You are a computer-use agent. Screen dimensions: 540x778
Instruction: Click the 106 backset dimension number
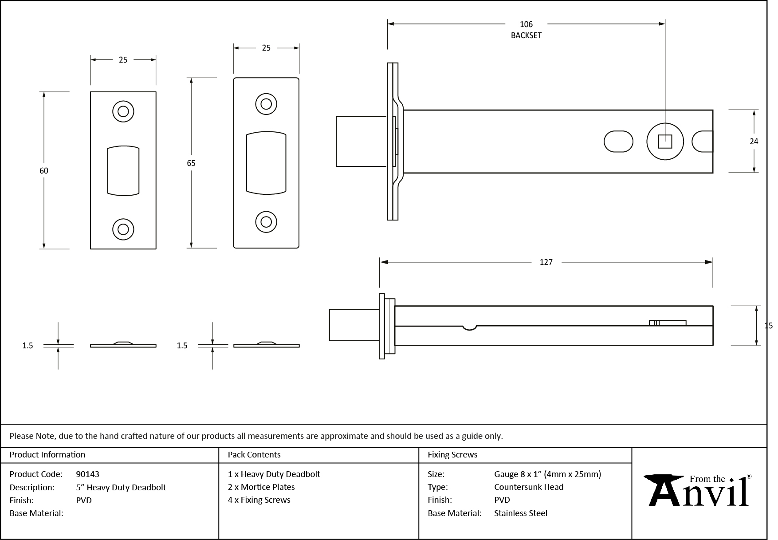click(526, 24)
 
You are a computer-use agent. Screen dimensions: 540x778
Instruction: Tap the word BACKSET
click(526, 35)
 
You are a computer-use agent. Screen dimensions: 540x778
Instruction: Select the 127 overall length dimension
click(546, 262)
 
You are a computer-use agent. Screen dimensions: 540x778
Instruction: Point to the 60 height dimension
click(43, 170)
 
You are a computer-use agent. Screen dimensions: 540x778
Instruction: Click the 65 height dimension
click(191, 163)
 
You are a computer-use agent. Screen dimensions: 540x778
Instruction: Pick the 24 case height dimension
click(754, 142)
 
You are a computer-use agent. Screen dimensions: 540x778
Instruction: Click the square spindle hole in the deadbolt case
click(665, 142)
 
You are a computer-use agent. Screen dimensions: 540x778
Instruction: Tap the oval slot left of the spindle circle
click(618, 142)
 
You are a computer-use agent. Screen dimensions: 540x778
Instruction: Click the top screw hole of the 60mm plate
click(123, 111)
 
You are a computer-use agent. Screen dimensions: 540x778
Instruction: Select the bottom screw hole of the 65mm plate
click(266, 221)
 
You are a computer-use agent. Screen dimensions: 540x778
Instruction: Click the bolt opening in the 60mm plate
click(123, 170)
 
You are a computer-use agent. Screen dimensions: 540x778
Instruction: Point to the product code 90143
click(87, 474)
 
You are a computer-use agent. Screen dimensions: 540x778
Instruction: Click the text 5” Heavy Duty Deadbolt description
click(121, 487)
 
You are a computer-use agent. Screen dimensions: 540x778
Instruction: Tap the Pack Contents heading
click(254, 455)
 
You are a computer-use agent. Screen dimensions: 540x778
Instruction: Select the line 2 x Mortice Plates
click(261, 487)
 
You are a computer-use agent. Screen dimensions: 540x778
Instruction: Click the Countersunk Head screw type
click(529, 487)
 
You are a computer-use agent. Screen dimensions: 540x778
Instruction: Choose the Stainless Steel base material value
click(521, 513)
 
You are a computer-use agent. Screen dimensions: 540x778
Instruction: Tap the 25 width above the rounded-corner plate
click(266, 48)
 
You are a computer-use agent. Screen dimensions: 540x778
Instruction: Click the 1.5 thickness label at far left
click(28, 346)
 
